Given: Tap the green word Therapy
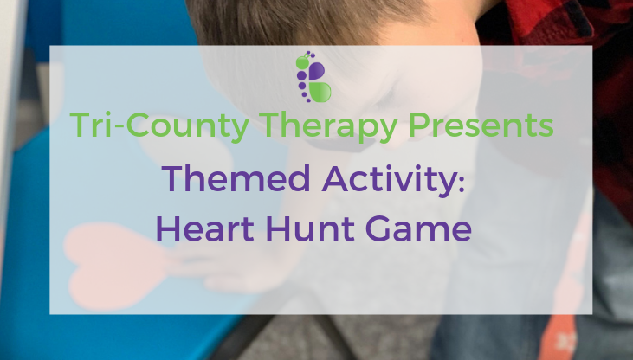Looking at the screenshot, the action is click(328, 126).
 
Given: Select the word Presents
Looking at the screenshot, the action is click(481, 125).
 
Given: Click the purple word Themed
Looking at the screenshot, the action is click(236, 178).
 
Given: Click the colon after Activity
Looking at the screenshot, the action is click(462, 182).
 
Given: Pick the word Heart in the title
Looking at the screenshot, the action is click(205, 228).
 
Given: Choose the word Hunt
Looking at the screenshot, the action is click(310, 228).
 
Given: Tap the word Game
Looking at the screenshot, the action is click(418, 228).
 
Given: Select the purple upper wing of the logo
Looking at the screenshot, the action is click(317, 71).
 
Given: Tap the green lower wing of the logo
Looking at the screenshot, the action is click(320, 93).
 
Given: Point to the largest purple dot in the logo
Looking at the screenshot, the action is click(300, 75).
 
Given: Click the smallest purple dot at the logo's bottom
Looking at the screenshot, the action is click(309, 100).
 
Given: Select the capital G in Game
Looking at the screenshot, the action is click(378, 228).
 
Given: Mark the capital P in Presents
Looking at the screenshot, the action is click(418, 125).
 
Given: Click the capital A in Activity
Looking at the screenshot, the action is click(335, 178).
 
